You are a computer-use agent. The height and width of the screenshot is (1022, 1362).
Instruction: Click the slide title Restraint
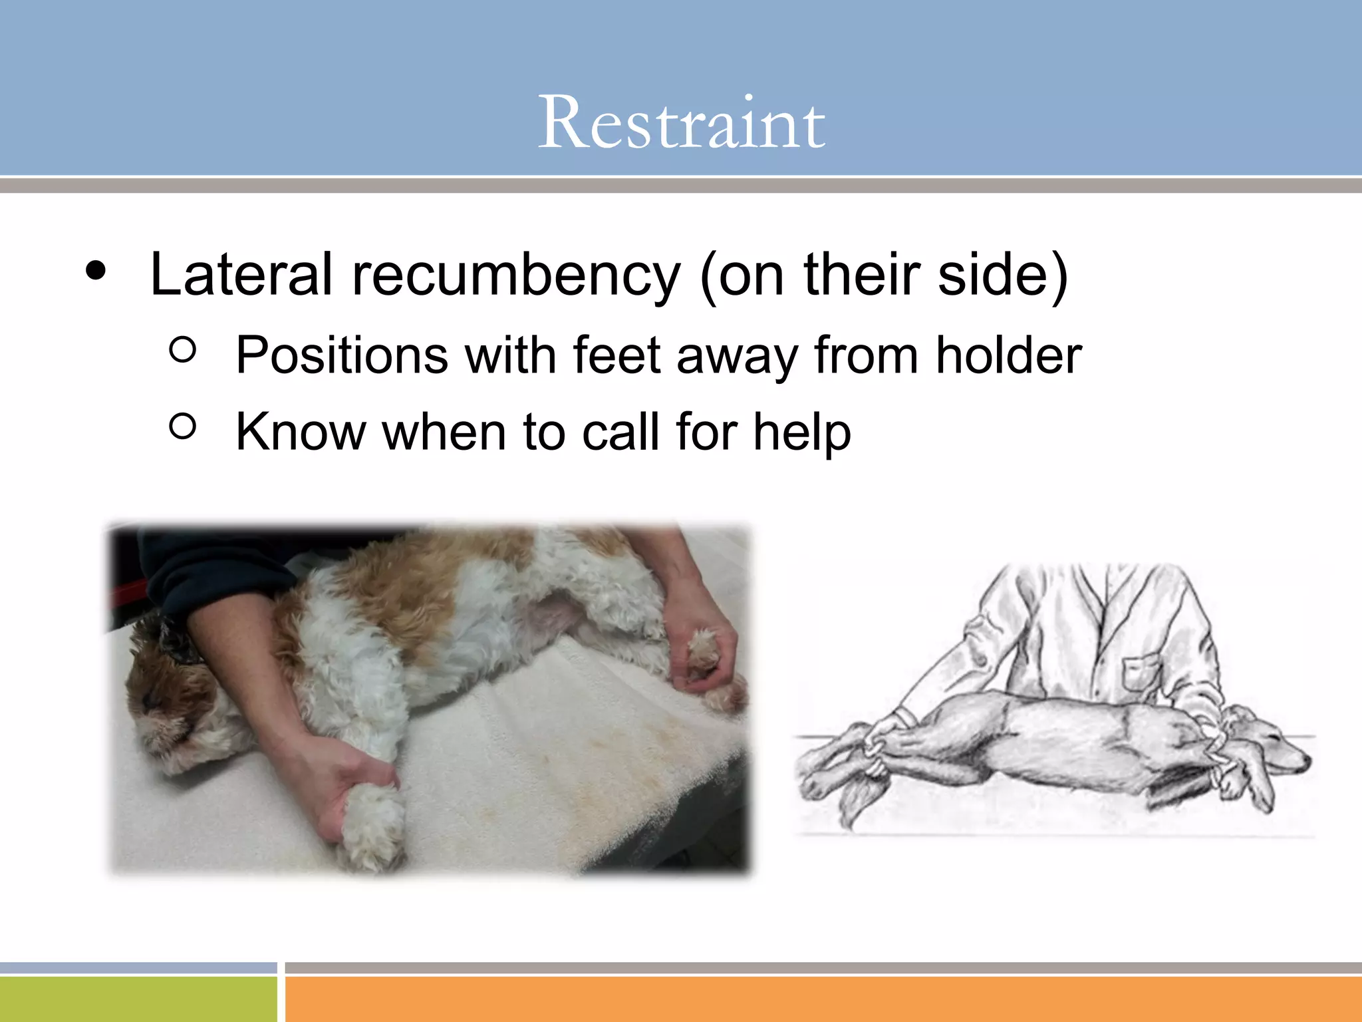tap(681, 123)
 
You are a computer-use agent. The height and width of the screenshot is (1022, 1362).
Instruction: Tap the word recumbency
tap(516, 275)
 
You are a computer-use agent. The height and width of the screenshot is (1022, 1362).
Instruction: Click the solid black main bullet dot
tap(96, 271)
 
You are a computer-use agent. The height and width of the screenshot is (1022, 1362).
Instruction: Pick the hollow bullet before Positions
tap(183, 349)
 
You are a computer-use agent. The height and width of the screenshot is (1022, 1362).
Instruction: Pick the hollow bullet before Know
tap(183, 426)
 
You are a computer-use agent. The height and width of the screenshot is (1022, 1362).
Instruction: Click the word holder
tap(1008, 356)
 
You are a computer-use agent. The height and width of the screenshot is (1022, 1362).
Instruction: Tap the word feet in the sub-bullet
tap(616, 356)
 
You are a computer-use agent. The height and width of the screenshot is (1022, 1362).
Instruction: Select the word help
tap(801, 432)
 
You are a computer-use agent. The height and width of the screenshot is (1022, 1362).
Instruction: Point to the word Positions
tap(342, 356)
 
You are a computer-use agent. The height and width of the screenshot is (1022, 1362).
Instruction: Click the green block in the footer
tap(138, 999)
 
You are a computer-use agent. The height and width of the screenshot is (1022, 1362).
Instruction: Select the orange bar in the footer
tap(823, 999)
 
